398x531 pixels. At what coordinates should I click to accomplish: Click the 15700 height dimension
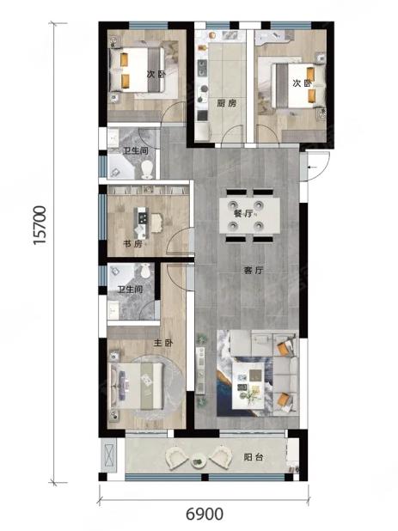coord(40,225)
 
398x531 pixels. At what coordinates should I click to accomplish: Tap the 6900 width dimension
coord(205,514)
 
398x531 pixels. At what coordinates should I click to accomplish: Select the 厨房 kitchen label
coord(227,103)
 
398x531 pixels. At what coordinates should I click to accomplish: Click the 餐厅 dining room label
coord(243,214)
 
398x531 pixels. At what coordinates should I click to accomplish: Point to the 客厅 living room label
coord(254,271)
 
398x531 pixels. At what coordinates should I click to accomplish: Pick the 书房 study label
coord(132,244)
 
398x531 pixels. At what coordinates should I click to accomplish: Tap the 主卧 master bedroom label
coord(163,343)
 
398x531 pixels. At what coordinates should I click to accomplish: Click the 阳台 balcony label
coord(254,457)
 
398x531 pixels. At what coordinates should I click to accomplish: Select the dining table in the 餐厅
coord(249,216)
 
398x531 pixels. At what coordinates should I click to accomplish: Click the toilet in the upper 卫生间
coord(147,169)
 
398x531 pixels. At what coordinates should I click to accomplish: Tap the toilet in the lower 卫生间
coord(144,270)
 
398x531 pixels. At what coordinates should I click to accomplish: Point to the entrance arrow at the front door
coord(313,167)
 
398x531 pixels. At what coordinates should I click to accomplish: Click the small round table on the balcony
coord(199,461)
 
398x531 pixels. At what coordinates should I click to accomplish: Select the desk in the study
coord(142,223)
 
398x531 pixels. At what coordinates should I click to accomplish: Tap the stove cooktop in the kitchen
coord(202,68)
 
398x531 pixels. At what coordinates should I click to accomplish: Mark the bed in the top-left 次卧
coord(138,70)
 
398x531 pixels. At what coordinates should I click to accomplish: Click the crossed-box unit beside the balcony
coord(109,455)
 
